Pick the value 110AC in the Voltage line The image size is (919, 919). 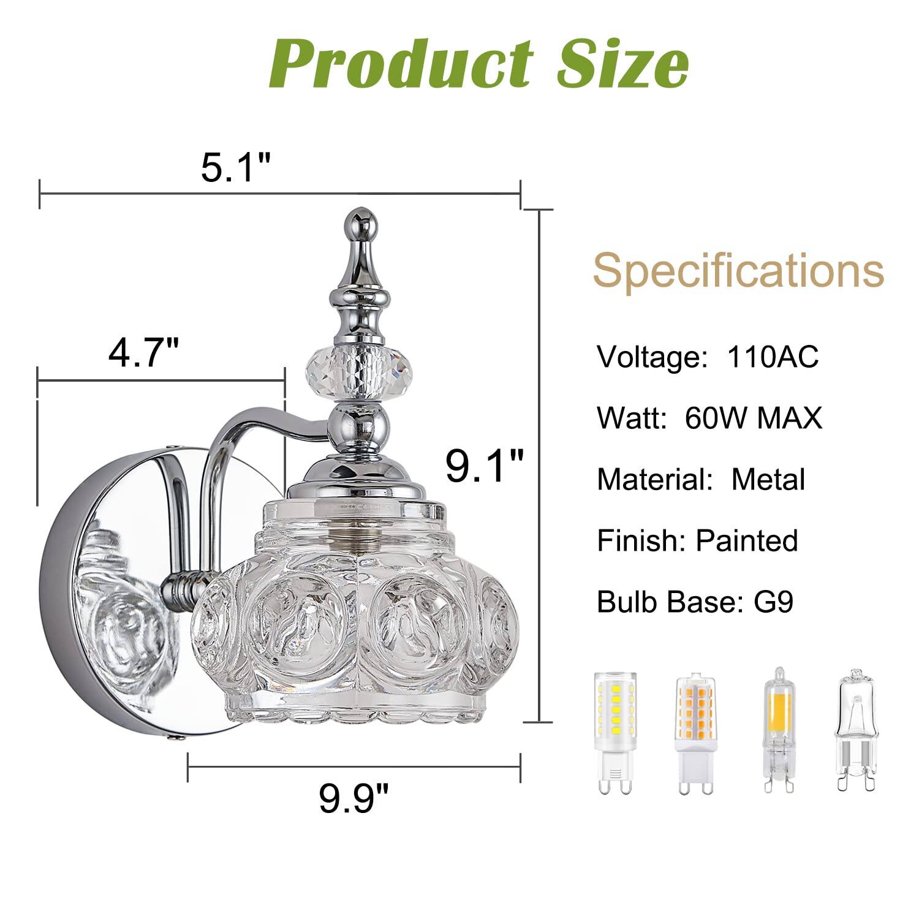pos(772,357)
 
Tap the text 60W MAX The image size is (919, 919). pos(754,418)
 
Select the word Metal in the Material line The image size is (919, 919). pos(768,479)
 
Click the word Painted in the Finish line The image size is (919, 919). pos(747,540)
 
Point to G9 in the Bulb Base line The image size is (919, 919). pos(773,602)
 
